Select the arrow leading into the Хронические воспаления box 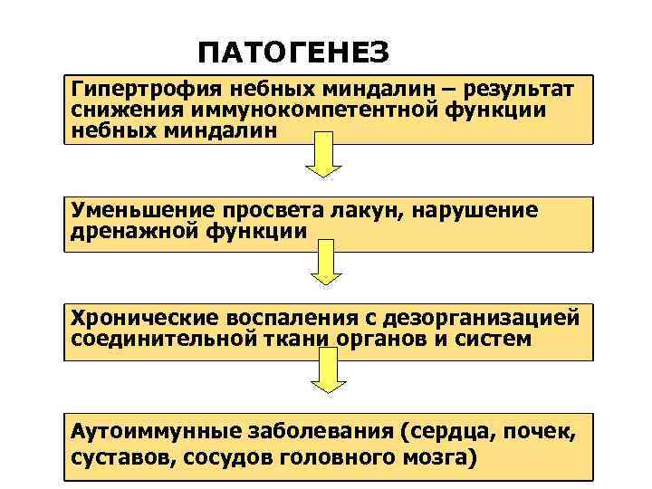[323, 272]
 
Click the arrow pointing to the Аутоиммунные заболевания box [323, 380]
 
